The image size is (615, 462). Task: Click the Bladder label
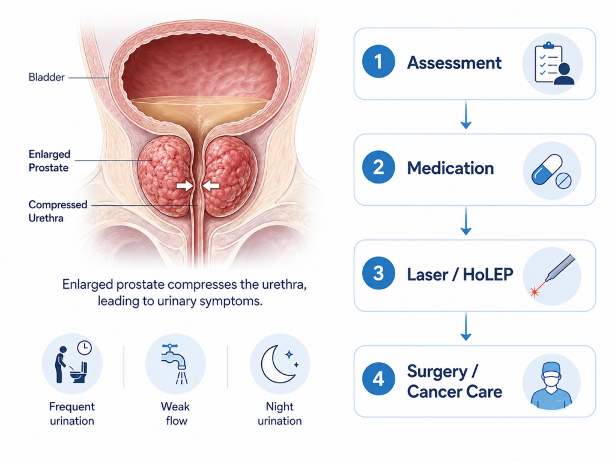point(46,77)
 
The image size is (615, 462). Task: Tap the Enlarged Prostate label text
point(49,161)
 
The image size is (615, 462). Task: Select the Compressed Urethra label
point(58,211)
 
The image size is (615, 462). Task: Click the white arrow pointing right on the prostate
point(184,185)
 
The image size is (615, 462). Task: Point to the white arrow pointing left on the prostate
point(211,185)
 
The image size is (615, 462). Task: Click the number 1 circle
point(378,62)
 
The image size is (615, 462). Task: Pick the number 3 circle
point(378,274)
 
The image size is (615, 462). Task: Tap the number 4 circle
point(378,379)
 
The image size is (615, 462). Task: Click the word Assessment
point(454,63)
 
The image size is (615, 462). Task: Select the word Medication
point(450,168)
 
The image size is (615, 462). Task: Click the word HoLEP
point(488,274)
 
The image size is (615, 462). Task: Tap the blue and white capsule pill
point(547,169)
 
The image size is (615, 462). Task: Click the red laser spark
point(534,292)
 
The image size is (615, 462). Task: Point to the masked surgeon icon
point(551,386)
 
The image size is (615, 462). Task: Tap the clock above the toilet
point(84,348)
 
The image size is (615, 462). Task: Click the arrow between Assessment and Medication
point(466,115)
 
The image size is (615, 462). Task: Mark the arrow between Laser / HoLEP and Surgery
point(466,327)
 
